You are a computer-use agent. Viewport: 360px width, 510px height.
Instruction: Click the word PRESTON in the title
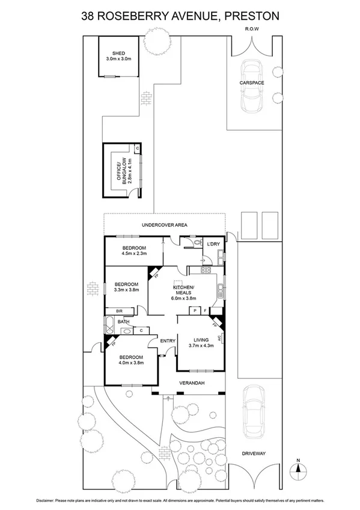252,17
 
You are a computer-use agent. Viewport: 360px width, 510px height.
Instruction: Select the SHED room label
118,53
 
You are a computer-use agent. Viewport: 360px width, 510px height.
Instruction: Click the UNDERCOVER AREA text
165,225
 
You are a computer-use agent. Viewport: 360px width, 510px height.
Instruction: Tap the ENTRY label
168,341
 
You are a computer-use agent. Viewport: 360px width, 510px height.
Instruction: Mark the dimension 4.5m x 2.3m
134,254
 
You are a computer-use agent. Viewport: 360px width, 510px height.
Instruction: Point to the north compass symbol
297,468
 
